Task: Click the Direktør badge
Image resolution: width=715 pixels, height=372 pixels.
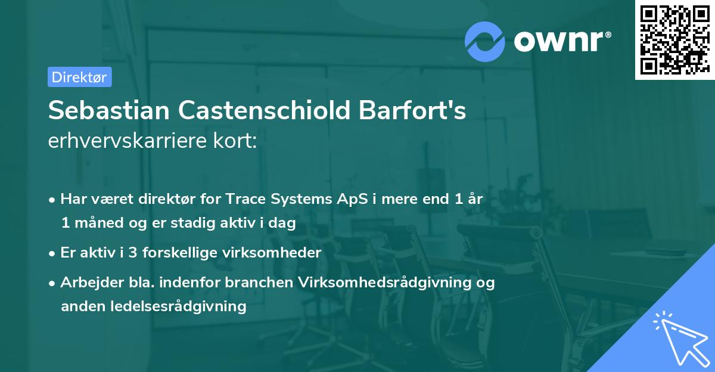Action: tap(79, 77)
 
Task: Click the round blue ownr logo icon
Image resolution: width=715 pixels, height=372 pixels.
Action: tap(485, 41)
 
